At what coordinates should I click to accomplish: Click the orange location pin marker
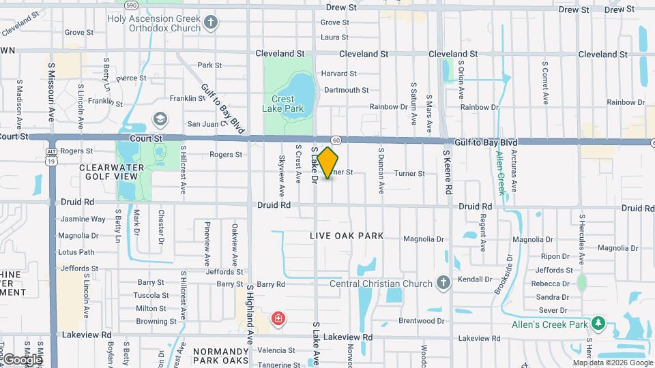coord(327,162)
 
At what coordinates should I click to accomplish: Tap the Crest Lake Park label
coord(282,104)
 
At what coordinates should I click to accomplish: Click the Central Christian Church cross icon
coord(443,283)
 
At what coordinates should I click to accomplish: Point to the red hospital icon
coord(278,318)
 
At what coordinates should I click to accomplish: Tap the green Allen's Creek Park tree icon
coord(598,324)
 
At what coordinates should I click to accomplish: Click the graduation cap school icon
coord(160,120)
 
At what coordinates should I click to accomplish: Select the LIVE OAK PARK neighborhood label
coord(347,236)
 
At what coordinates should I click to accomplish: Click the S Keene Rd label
coord(448,173)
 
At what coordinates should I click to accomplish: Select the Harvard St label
coord(339,74)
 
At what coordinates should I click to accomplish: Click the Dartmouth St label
coord(346,90)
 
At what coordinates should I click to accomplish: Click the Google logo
coord(23,358)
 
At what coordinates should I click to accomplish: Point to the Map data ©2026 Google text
coord(612,363)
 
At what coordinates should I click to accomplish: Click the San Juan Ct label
coord(206,124)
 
